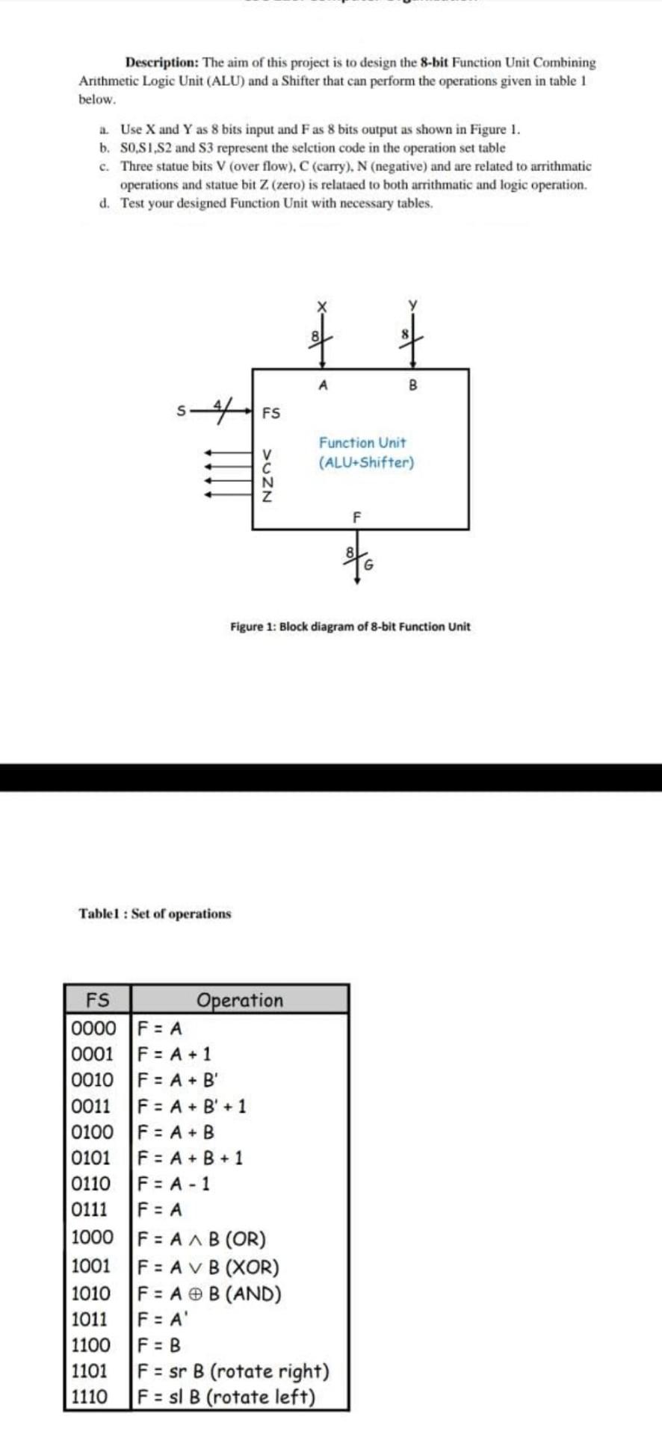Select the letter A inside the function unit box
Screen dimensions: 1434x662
click(322, 386)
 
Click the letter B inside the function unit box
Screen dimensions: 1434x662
click(412, 386)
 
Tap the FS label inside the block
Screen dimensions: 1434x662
click(271, 412)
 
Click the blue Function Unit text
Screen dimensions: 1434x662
click(362, 443)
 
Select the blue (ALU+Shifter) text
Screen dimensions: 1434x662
click(366, 462)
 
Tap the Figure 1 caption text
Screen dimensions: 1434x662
click(350, 627)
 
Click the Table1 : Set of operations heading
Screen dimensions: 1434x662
click(155, 913)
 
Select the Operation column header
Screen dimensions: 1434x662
click(240, 1000)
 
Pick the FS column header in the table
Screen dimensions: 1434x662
click(98, 1000)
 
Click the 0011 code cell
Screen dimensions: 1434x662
click(91, 1106)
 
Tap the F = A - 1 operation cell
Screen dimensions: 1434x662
click(175, 1184)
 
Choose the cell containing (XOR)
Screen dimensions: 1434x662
click(210, 1267)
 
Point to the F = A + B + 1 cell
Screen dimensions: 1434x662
click(191, 1158)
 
